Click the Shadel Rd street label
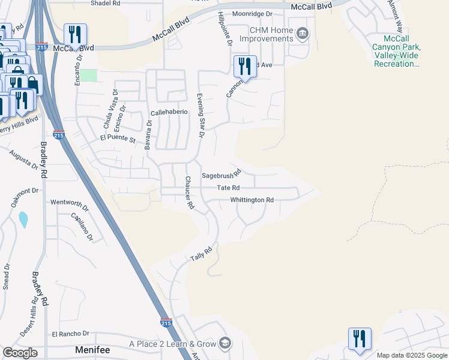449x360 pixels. (x=105, y=3)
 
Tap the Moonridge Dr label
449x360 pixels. (x=252, y=13)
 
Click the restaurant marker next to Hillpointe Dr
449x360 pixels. (x=244, y=65)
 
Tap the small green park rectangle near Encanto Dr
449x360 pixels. (x=89, y=75)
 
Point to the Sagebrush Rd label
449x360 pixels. (x=220, y=173)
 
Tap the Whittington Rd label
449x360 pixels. (x=252, y=200)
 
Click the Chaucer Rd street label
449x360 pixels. (x=190, y=192)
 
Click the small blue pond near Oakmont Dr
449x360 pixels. (x=23, y=220)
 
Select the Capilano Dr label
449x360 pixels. (x=82, y=226)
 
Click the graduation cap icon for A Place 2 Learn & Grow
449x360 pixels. (x=225, y=343)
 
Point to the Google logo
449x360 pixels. (x=19, y=353)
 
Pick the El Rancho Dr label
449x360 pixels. (x=70, y=334)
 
